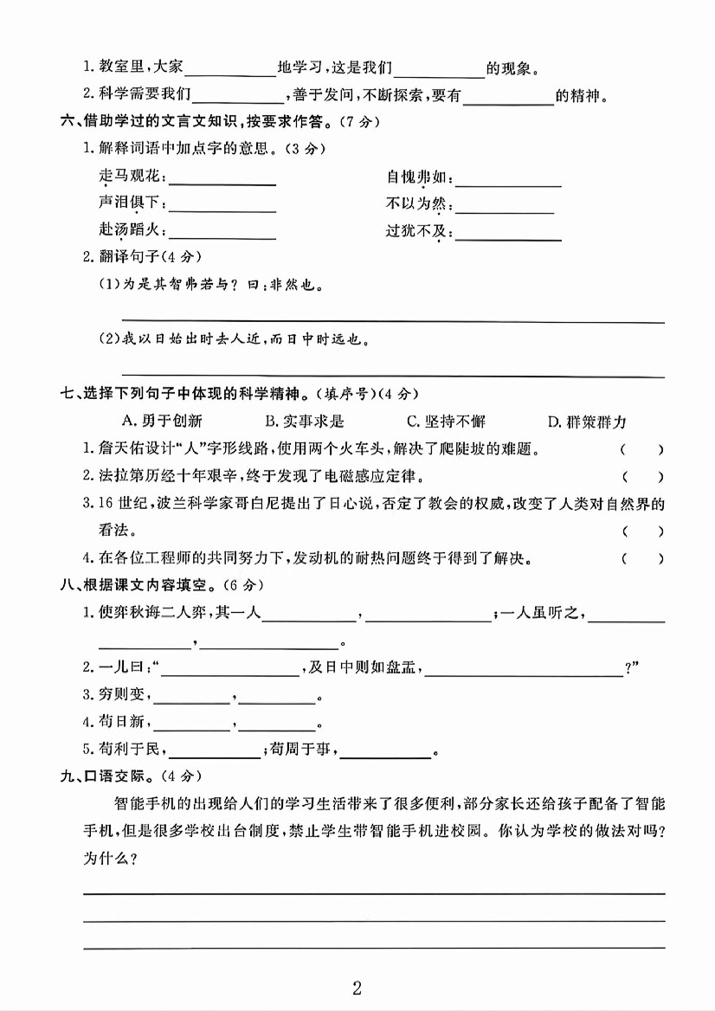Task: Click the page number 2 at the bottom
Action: point(357,987)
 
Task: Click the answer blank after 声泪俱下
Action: point(222,209)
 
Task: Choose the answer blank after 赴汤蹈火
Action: point(222,235)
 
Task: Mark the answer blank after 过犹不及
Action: point(509,236)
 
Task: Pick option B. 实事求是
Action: point(305,422)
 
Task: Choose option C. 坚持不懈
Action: point(446,422)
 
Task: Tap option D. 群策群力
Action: point(587,422)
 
